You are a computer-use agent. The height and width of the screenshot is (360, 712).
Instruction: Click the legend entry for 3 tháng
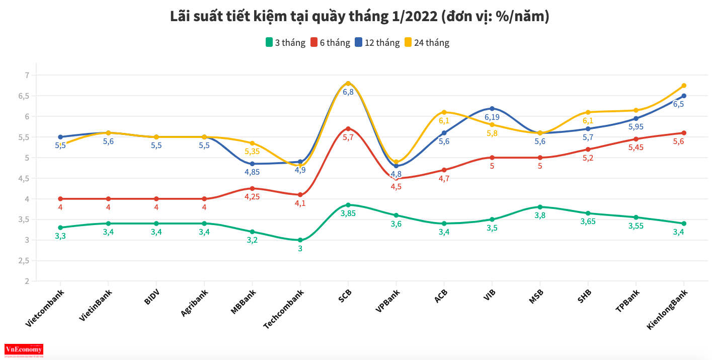coord(285,43)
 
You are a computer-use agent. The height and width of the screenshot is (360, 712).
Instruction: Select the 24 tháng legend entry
coord(426,43)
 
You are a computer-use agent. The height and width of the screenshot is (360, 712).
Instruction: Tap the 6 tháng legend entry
coord(330,43)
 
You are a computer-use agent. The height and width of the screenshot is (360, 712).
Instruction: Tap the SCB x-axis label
coord(345,296)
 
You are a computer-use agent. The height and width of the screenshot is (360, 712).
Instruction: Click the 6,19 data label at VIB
coord(492,117)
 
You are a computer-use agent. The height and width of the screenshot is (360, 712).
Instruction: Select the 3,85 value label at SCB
coord(348,213)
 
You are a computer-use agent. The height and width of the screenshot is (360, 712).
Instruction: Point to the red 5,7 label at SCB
coord(348,137)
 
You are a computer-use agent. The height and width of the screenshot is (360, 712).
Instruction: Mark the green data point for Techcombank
coord(300,240)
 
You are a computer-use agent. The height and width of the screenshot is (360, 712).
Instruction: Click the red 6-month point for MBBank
coord(252,188)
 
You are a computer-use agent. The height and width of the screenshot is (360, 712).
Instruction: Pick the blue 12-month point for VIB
coord(492,108)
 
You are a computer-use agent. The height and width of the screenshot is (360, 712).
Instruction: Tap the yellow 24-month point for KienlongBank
coord(684,86)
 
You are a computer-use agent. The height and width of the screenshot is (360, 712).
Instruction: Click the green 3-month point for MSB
coord(540,207)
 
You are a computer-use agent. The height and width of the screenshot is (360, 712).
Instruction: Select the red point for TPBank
coord(636,139)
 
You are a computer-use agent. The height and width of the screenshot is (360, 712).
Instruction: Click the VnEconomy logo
coord(24,350)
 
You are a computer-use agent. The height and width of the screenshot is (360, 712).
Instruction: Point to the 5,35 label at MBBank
coord(252,151)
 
